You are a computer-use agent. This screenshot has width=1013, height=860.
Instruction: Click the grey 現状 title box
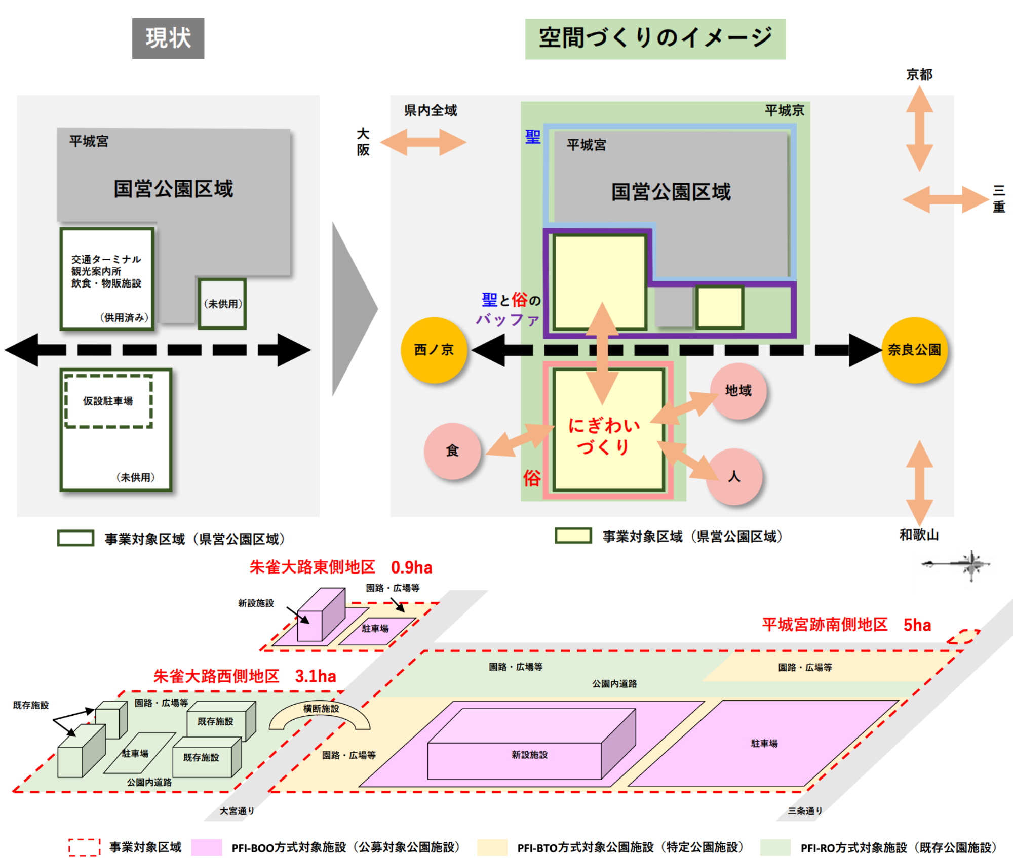click(168, 38)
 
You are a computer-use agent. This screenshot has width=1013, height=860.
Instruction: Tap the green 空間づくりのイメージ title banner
click(655, 39)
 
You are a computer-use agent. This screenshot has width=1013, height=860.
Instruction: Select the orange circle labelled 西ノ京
click(434, 350)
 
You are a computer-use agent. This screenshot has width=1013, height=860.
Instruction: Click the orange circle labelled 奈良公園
click(914, 350)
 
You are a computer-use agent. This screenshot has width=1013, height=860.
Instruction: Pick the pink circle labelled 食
click(452, 451)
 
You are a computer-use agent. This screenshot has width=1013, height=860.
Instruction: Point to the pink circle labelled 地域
click(738, 390)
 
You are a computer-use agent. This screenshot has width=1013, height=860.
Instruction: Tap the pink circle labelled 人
click(734, 476)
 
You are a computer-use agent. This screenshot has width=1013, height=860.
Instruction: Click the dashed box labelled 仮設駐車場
click(108, 401)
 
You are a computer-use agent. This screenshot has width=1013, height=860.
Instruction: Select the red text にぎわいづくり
click(604, 436)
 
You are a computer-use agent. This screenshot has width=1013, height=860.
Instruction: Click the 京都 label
click(919, 75)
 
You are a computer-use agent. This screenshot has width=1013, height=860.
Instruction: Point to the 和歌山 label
click(919, 535)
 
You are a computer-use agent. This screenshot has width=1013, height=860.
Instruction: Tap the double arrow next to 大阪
click(423, 142)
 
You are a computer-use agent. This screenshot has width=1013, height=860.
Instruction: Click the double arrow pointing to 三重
click(946, 199)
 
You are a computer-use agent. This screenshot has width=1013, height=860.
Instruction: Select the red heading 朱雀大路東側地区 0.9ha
click(341, 567)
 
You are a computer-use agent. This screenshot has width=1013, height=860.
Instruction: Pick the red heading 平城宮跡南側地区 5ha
click(846, 625)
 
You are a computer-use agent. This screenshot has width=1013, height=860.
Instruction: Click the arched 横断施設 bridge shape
click(320, 714)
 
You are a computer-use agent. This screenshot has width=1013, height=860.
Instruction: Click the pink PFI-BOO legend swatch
click(207, 847)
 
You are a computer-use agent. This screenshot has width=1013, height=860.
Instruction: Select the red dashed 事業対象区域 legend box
click(85, 847)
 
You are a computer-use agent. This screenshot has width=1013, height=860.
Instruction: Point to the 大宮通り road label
click(237, 811)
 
